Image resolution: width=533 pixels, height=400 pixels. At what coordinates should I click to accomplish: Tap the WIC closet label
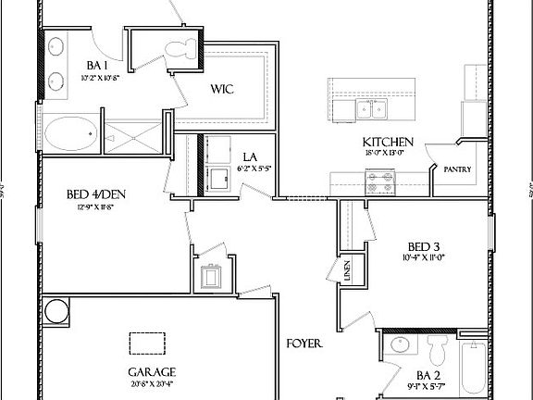pyautogui.click(x=222, y=90)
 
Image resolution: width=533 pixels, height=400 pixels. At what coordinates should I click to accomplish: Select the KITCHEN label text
pyautogui.click(x=387, y=142)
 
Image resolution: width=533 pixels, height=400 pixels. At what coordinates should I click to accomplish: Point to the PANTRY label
pyautogui.click(x=457, y=170)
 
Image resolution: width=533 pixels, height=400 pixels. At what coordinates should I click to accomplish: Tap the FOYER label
pyautogui.click(x=304, y=343)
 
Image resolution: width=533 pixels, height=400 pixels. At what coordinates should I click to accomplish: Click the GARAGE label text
pyautogui.click(x=152, y=372)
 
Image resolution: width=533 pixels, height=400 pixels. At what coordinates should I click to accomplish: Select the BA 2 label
pyautogui.click(x=400, y=379)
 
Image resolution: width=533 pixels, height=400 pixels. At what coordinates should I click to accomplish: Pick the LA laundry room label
pyautogui.click(x=250, y=157)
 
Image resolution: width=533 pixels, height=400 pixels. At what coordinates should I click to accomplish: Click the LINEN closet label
pyautogui.click(x=347, y=271)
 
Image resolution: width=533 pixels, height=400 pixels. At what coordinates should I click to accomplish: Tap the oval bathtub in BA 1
pyautogui.click(x=70, y=133)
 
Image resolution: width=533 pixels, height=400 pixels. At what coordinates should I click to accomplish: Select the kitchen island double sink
pyautogui.click(x=371, y=111)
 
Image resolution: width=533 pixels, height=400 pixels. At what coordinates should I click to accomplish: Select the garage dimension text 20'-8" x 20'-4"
pyautogui.click(x=152, y=385)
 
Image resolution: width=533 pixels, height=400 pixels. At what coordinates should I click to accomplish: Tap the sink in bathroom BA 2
pyautogui.click(x=401, y=348)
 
